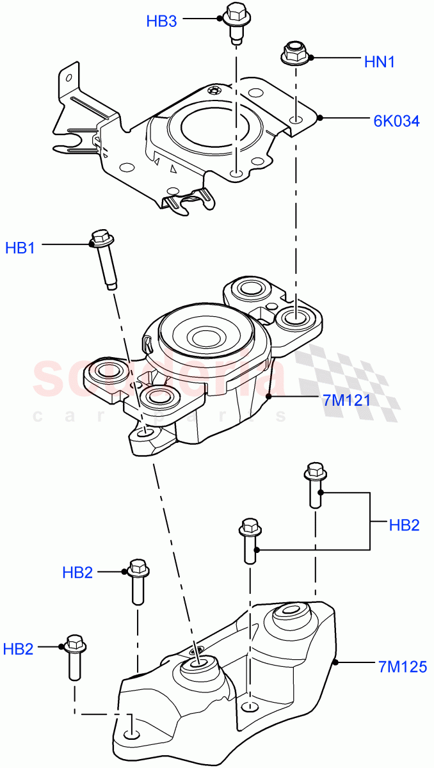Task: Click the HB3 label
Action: tap(161, 21)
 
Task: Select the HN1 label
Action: tap(379, 62)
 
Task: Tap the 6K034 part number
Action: tap(397, 120)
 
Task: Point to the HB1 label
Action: tap(20, 248)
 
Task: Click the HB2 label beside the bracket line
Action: tap(404, 525)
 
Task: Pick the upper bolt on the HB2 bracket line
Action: tap(316, 484)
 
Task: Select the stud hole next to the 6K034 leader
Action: tap(296, 119)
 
